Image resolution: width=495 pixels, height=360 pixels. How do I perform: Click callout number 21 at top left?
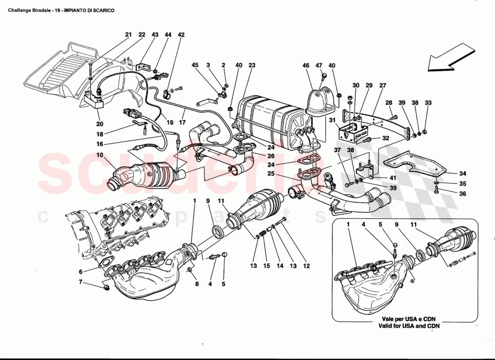128,35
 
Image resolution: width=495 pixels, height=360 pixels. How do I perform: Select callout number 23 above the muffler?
252,65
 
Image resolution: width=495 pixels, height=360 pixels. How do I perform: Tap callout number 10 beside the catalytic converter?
99,155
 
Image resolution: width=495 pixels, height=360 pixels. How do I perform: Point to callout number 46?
306,65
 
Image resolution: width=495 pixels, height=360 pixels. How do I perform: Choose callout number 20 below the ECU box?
99,123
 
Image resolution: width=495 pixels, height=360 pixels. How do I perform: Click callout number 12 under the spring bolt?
306,266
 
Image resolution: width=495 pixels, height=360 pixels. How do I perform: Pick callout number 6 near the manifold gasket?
81,272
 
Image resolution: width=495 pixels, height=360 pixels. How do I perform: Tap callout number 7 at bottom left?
81,282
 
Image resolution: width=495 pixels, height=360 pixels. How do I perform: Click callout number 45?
195,65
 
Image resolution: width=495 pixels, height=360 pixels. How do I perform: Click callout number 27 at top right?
383,85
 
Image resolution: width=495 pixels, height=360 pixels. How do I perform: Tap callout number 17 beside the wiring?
182,122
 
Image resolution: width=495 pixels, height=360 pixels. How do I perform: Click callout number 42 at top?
181,35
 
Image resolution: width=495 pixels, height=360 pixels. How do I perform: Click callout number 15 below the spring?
266,266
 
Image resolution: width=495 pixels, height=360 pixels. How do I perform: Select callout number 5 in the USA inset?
380,224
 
